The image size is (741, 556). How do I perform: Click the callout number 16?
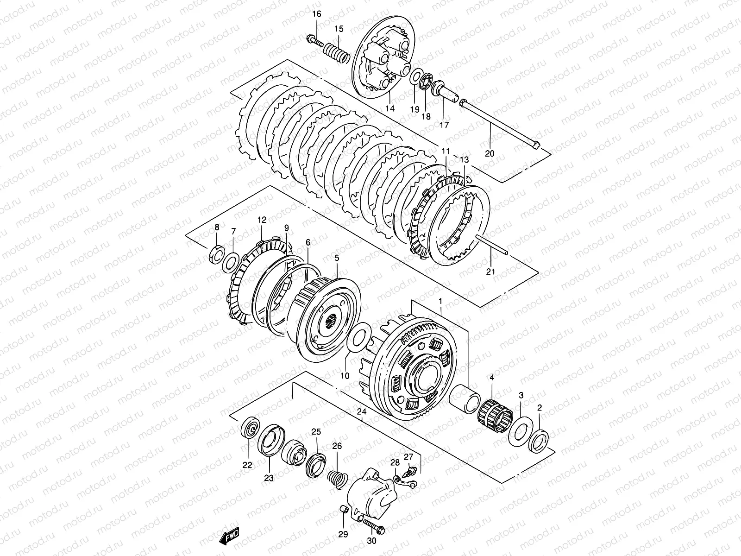(316, 14)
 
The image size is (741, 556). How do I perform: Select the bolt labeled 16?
(314, 41)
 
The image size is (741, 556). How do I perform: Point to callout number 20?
(490, 153)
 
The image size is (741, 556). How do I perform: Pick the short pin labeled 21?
(493, 245)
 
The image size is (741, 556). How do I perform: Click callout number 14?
(390, 108)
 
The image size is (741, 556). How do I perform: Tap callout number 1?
(440, 301)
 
